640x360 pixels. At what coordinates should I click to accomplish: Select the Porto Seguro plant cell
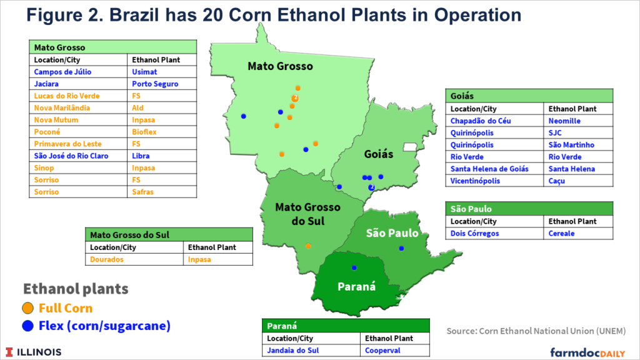click(x=155, y=84)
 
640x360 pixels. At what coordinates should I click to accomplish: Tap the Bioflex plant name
click(x=144, y=132)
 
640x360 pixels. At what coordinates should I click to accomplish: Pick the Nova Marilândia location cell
click(x=62, y=108)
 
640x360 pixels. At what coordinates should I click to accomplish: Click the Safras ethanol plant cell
click(x=142, y=192)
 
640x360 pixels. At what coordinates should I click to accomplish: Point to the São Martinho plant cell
click(x=571, y=145)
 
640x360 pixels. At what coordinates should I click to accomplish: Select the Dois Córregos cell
click(x=474, y=233)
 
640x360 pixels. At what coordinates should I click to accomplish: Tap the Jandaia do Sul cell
click(x=292, y=351)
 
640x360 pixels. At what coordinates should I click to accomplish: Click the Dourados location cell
click(x=107, y=259)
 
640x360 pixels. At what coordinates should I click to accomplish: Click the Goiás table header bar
click(x=529, y=96)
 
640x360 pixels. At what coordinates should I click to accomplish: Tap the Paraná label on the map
click(x=357, y=287)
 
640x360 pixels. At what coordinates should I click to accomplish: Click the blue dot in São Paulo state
click(x=401, y=249)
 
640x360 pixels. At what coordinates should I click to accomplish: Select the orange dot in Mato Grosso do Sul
click(x=307, y=246)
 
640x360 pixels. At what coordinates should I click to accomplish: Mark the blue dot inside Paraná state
click(x=354, y=267)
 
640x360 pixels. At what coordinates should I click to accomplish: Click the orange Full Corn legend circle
click(x=28, y=308)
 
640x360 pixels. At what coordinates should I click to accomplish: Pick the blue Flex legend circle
click(x=28, y=326)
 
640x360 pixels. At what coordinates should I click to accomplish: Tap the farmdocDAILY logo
click(x=587, y=352)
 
